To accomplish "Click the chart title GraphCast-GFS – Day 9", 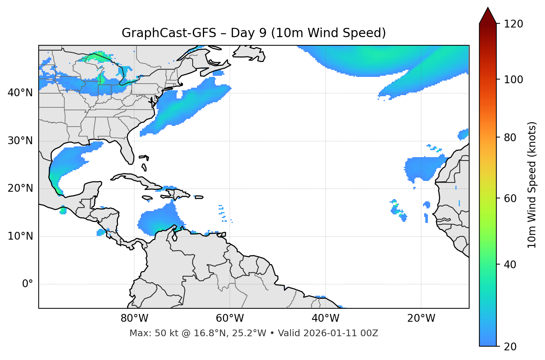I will (x=254, y=33).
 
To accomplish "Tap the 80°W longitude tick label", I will (x=134, y=318).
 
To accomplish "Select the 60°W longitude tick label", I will (x=229, y=318).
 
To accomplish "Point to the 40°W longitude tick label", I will (x=325, y=318).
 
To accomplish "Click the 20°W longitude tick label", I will (x=421, y=318).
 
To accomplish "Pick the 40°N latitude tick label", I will (x=20, y=93).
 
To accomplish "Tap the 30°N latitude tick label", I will (x=20, y=141).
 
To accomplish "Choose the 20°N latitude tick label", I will (x=20, y=188).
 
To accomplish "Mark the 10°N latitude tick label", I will (x=20, y=236).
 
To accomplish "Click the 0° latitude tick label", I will (x=27, y=284).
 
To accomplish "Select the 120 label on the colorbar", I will (x=513, y=24).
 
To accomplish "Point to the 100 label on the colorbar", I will (x=513, y=80).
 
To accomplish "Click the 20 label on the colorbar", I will (x=510, y=347).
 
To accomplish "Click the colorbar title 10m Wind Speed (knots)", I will (x=532, y=185).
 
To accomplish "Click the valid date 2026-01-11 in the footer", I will (x=332, y=333).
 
